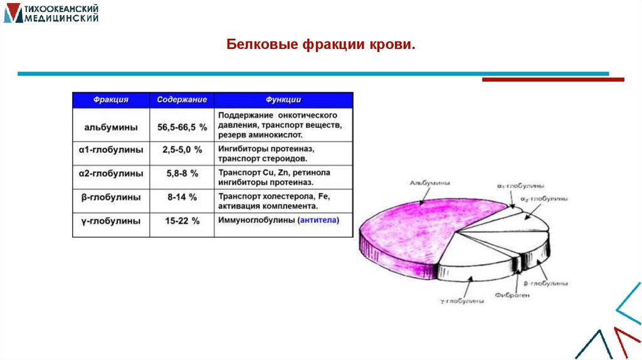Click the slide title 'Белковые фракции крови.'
pyautogui.click(x=320, y=45)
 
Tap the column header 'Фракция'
pyautogui.click(x=111, y=100)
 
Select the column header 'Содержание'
pyautogui.click(x=182, y=100)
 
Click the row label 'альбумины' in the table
pyautogui.click(x=111, y=127)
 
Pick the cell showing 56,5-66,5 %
pyautogui.click(x=182, y=127)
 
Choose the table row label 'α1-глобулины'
pyautogui.click(x=111, y=151)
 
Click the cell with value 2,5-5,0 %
pyautogui.click(x=182, y=151)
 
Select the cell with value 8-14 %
pyautogui.click(x=182, y=197)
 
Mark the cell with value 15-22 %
pyautogui.click(x=182, y=221)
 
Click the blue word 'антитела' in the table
pyautogui.click(x=318, y=220)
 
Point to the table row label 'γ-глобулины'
pyautogui.click(x=111, y=221)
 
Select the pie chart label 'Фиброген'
pyautogui.click(x=512, y=294)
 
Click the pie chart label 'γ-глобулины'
pyautogui.click(x=461, y=301)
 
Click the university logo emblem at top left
pyautogui.click(x=12, y=13)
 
